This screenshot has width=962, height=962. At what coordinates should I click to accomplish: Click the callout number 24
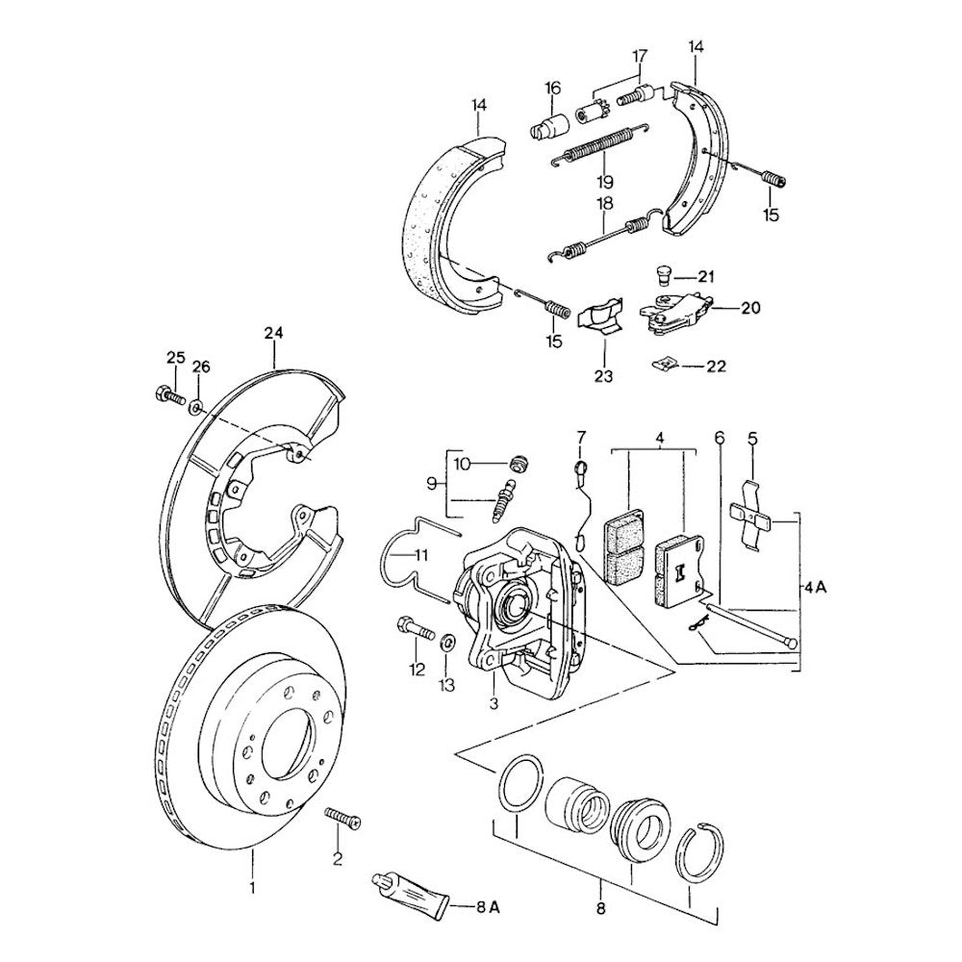tap(274, 334)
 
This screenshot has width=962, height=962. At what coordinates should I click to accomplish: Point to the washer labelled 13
tap(448, 642)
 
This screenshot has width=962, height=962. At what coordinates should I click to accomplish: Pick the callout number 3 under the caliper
tap(494, 703)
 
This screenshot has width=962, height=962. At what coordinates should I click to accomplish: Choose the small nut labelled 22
tap(664, 364)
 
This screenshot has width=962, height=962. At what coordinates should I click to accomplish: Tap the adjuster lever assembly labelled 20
tap(677, 314)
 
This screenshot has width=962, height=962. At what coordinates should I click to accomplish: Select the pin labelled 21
tap(663, 275)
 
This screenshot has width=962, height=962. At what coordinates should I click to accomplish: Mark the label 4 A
tap(816, 585)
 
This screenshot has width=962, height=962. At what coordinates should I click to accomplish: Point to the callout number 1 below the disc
tap(252, 888)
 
